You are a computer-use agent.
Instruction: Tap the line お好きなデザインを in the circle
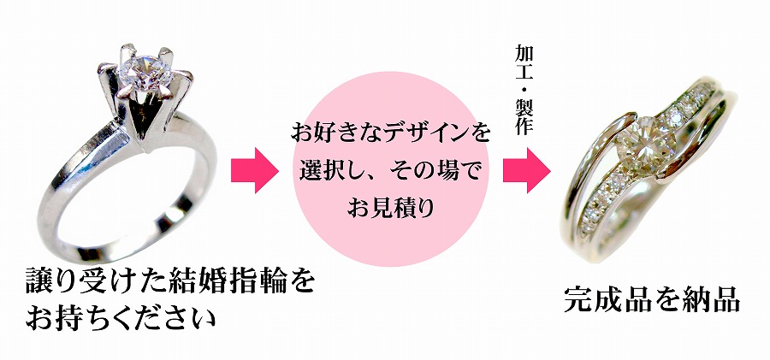click(391, 133)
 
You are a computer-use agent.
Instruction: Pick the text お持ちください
click(119, 320)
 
